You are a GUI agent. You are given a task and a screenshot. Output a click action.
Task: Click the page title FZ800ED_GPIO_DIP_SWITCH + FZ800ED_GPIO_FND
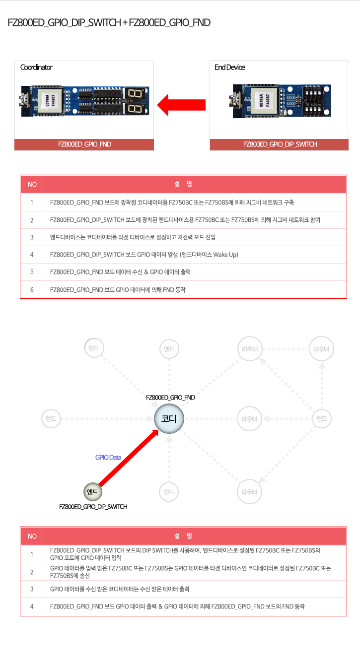coord(109,22)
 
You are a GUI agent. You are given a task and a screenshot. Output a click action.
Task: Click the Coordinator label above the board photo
coord(36,67)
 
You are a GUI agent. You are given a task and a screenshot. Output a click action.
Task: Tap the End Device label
coord(229,67)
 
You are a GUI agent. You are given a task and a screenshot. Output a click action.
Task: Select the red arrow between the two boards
coord(181,105)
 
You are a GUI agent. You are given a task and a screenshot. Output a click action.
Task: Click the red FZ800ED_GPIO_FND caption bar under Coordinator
coord(84,144)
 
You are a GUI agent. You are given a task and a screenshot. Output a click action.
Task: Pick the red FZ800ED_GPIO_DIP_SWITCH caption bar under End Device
coord(279,144)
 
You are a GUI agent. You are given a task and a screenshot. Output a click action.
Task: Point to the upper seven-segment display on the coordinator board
coord(135,93)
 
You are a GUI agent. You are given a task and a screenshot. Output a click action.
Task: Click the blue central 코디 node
coord(169,418)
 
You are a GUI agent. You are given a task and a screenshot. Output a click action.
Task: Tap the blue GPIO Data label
coord(108,458)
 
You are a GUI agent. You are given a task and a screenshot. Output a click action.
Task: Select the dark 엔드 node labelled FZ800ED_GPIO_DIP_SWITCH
coord(93,492)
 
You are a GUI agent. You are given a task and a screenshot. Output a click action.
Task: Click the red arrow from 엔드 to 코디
coord(129,458)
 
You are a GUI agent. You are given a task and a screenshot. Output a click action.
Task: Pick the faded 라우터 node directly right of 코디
coord(249,418)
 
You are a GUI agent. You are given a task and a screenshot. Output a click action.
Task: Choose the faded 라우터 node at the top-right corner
coord(321,349)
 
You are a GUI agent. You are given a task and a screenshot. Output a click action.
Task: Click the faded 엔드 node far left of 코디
coord(51,418)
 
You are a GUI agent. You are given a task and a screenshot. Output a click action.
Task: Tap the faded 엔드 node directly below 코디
coord(169,492)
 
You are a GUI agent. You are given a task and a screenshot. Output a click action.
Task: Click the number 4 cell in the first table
coord(32,255)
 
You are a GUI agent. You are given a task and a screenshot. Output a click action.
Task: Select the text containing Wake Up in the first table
coord(144,255)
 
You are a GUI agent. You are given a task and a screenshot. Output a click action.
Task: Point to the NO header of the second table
coord(32,536)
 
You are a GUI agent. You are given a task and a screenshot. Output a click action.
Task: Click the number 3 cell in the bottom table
coord(32,589)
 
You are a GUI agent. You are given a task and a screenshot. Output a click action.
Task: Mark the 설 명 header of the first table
coord(183,184)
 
